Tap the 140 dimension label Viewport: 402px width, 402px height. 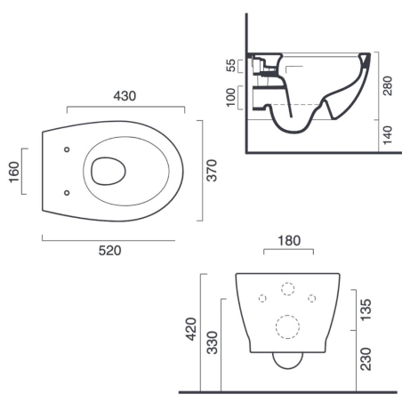point(387,135)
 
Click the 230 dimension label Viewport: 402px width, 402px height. point(366,358)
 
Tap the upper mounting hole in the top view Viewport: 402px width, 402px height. point(68,148)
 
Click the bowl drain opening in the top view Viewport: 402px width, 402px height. point(107,168)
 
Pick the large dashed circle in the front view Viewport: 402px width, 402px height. point(287,326)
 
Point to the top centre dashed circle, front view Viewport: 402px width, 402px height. point(287,288)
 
